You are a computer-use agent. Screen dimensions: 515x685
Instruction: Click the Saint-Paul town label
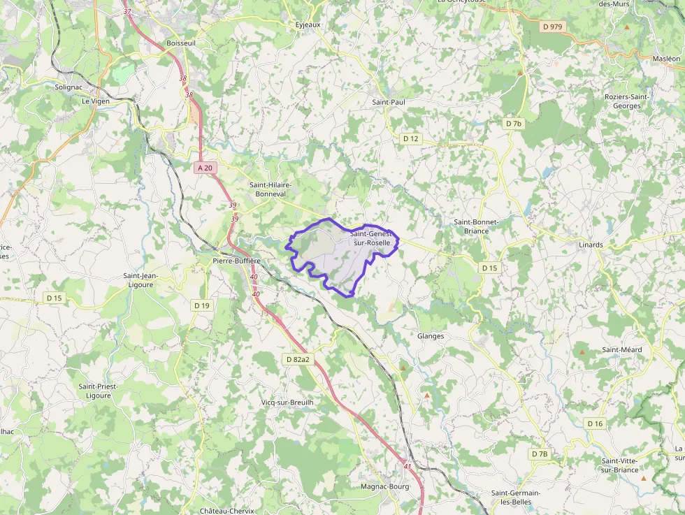[389, 102]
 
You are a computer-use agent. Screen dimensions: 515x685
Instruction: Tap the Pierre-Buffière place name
[236, 261]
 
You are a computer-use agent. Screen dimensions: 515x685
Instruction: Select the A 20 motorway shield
[204, 168]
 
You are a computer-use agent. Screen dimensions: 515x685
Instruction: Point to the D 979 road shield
[552, 27]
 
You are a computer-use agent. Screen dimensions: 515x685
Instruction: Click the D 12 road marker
[410, 138]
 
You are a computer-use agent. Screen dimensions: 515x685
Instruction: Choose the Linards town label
[591, 245]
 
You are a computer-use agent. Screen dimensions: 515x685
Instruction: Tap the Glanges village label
[430, 336]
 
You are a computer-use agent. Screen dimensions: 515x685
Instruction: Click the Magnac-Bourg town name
[384, 486]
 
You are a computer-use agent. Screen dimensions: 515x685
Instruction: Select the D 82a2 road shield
[297, 359]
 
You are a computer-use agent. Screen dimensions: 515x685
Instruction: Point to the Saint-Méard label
[621, 350]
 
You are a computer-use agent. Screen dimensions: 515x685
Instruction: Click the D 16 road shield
[595, 423]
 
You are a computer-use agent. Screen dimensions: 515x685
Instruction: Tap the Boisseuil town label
[181, 43]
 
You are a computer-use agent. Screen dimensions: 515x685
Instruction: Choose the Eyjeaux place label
[308, 24]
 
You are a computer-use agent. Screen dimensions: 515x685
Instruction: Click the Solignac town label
[68, 87]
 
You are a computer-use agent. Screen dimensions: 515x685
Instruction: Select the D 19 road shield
[201, 305]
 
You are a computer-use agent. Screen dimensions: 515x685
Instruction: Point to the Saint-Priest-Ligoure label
[98, 391]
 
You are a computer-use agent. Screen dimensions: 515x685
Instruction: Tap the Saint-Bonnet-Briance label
[476, 226]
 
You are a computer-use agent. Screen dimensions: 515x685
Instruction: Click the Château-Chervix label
[226, 510]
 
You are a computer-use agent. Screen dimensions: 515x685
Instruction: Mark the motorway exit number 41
[408, 465]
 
